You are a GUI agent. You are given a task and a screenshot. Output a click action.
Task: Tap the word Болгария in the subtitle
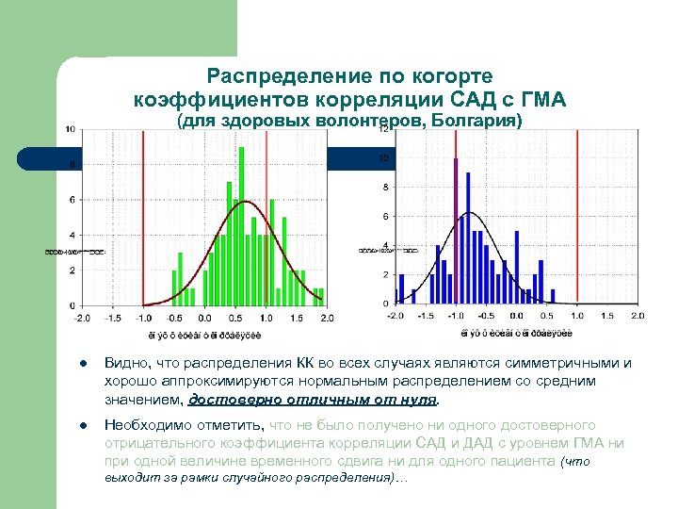(x=471, y=122)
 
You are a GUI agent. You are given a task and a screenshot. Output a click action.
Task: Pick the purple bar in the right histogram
(x=457, y=231)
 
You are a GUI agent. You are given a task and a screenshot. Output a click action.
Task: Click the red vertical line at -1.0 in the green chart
(x=142, y=217)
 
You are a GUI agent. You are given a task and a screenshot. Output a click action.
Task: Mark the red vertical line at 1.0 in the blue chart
(x=576, y=217)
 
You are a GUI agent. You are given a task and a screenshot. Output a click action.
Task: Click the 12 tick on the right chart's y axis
(x=382, y=130)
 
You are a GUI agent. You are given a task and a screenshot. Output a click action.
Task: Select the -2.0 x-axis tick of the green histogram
(x=82, y=318)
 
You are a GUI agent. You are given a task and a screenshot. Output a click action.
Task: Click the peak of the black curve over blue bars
(x=468, y=213)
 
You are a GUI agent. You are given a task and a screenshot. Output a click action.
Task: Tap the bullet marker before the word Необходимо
(x=84, y=425)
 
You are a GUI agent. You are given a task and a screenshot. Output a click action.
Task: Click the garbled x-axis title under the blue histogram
(x=508, y=333)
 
